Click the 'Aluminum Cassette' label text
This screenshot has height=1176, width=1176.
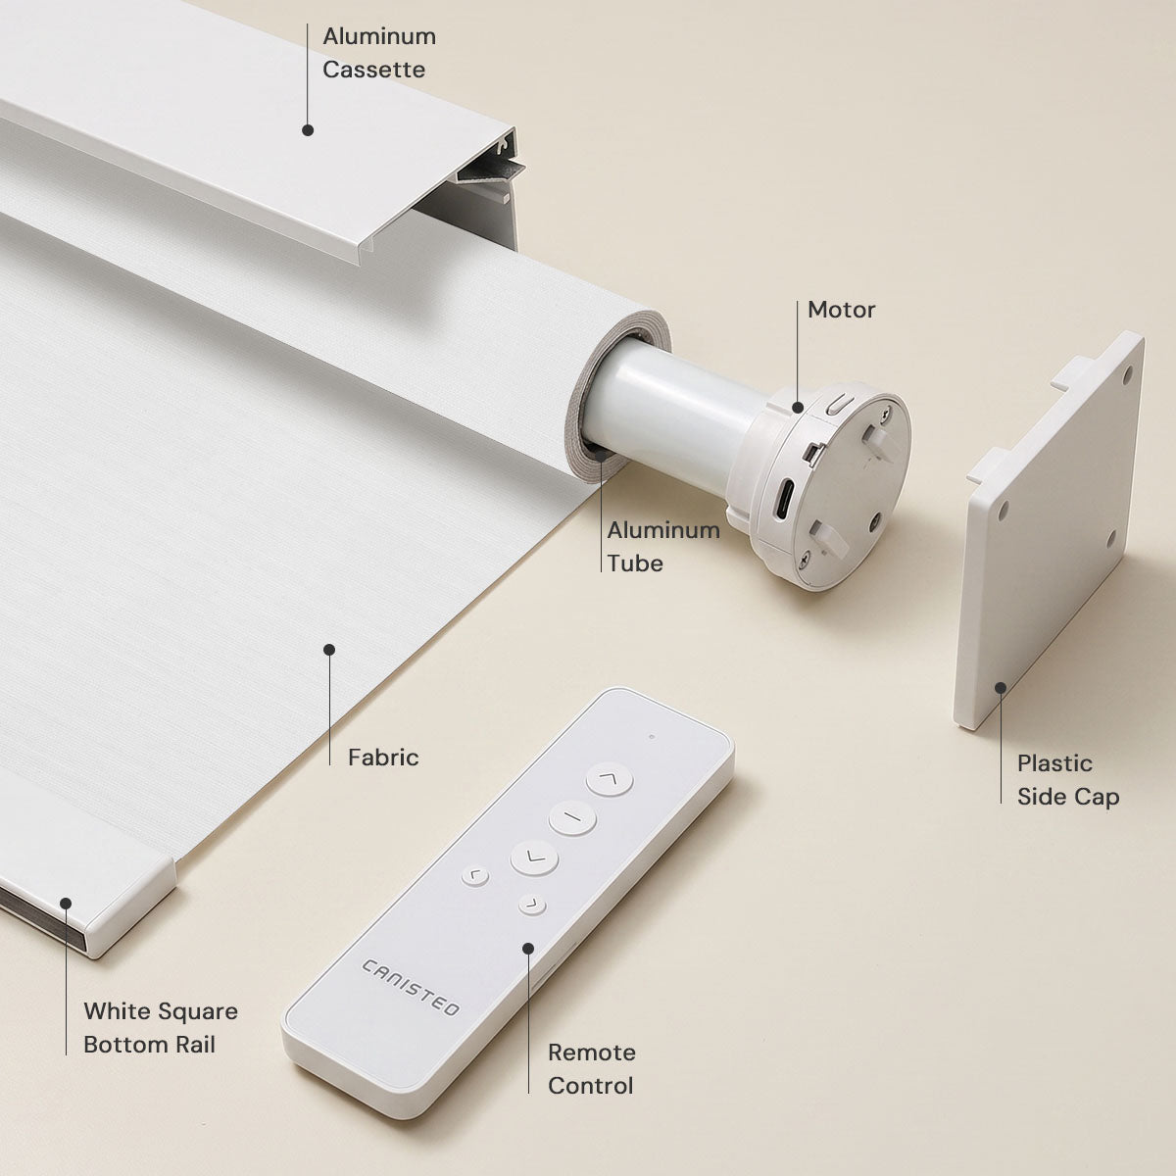click(x=379, y=53)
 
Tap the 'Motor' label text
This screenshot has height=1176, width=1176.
click(x=841, y=310)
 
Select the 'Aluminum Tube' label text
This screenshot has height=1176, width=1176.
click(x=663, y=547)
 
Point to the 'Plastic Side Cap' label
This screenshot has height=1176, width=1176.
click(x=1068, y=780)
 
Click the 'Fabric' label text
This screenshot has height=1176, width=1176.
click(x=383, y=758)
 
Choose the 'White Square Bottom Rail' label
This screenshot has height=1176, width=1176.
click(x=161, y=1028)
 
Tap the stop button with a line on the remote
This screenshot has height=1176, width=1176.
click(x=572, y=817)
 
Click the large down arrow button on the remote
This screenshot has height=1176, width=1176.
click(x=534, y=857)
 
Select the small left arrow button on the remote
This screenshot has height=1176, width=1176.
click(x=475, y=876)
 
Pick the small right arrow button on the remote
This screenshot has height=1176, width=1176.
click(x=532, y=905)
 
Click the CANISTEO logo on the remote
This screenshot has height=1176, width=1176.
click(x=410, y=988)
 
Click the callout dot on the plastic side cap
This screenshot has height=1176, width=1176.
click(x=1001, y=688)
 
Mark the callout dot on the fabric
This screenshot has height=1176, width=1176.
click(x=329, y=650)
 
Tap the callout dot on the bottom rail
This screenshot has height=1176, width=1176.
click(x=66, y=904)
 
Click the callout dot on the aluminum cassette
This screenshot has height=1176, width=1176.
click(x=308, y=130)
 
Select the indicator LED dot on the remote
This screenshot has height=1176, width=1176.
click(x=652, y=737)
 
